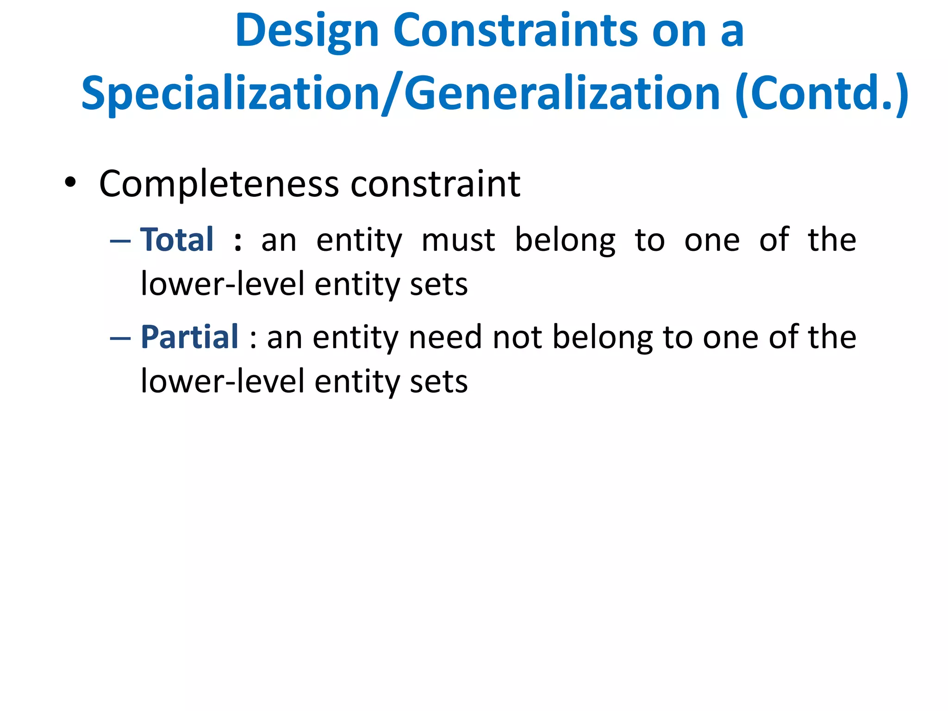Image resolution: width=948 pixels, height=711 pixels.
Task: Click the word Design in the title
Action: tap(307, 31)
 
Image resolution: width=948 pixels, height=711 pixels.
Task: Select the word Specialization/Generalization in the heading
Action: tap(400, 94)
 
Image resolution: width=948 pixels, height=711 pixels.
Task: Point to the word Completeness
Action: tap(219, 184)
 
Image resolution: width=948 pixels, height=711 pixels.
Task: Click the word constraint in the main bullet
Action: tap(435, 184)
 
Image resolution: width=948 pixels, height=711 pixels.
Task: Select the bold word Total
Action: tap(177, 240)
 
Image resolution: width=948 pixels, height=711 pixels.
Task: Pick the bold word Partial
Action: tap(190, 337)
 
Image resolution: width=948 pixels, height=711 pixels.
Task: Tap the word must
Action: tap(458, 241)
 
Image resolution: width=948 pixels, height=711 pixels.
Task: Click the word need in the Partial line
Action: tap(445, 337)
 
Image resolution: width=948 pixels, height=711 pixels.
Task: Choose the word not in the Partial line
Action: tap(517, 337)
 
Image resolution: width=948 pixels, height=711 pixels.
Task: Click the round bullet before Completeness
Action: tap(70, 182)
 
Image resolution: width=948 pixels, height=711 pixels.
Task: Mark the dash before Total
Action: tap(120, 241)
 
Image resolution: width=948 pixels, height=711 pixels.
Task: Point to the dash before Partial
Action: tap(120, 338)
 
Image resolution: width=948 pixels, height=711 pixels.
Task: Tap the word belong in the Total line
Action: tap(565, 241)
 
